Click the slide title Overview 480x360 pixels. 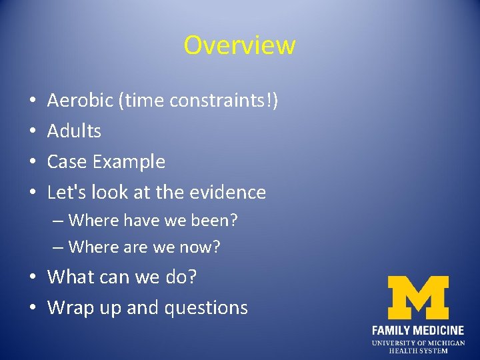(x=239, y=45)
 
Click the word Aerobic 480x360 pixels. (x=74, y=101)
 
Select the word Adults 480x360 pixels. (x=74, y=131)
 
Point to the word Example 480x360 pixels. (x=129, y=162)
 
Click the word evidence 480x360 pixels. (x=229, y=193)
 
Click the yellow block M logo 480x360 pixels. (x=418, y=297)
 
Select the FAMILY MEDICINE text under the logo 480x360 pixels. (x=418, y=330)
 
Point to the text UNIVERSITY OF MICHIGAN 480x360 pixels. (x=418, y=343)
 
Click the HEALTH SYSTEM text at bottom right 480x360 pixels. (x=418, y=351)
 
